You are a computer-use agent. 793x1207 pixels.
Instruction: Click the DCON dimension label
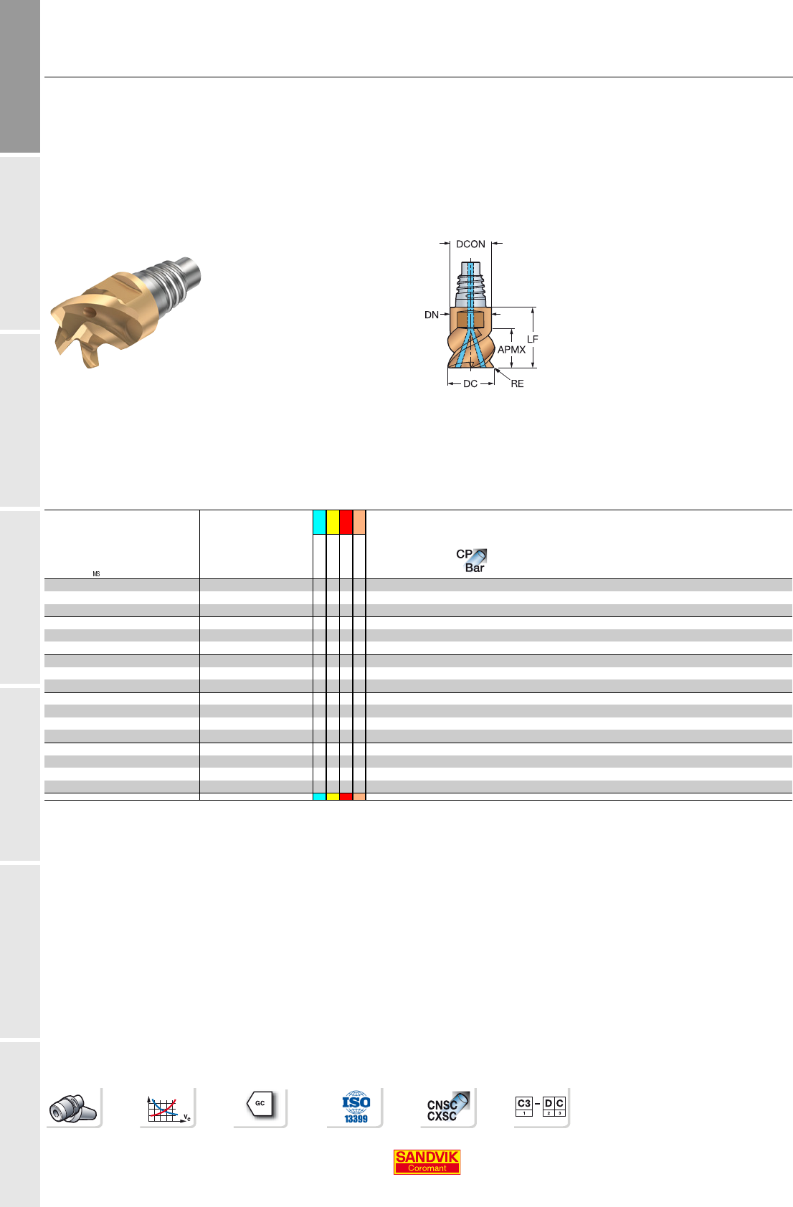pyautogui.click(x=470, y=244)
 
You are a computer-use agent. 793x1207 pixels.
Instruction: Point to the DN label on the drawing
pyautogui.click(x=431, y=315)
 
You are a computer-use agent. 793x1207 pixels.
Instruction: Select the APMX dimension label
pyautogui.click(x=511, y=350)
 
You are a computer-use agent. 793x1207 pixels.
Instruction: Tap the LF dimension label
pyautogui.click(x=533, y=339)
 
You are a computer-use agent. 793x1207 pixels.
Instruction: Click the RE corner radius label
pyautogui.click(x=517, y=383)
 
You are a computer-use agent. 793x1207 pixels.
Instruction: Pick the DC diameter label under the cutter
pyautogui.click(x=470, y=383)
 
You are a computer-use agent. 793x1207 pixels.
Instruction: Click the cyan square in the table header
pyautogui.click(x=319, y=522)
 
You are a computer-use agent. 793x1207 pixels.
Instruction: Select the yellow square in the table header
pyautogui.click(x=333, y=522)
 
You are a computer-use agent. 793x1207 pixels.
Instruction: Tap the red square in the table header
pyautogui.click(x=346, y=522)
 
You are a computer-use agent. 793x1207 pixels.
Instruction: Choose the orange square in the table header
pyautogui.click(x=359, y=522)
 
